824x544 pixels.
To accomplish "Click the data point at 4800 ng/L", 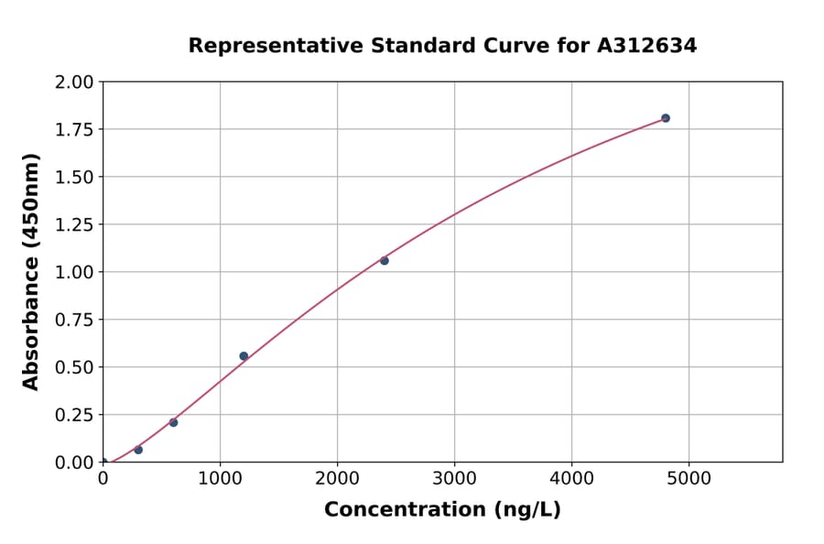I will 666,118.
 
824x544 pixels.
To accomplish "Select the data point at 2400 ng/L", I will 385,261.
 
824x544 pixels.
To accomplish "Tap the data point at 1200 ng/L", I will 244,356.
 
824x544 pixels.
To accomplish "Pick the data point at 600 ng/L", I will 173,422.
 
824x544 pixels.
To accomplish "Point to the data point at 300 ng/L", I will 138,450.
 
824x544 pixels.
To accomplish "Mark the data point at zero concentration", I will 103,462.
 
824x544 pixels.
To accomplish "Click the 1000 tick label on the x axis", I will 220,478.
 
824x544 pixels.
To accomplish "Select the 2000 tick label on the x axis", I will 337,478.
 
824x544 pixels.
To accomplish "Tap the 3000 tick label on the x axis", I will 455,478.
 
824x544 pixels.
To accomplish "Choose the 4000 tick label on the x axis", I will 572,478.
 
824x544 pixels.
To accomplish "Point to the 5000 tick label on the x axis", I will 689,478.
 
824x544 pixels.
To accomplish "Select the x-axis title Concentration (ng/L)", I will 442,510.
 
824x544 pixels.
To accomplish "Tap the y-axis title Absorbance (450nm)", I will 31,272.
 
